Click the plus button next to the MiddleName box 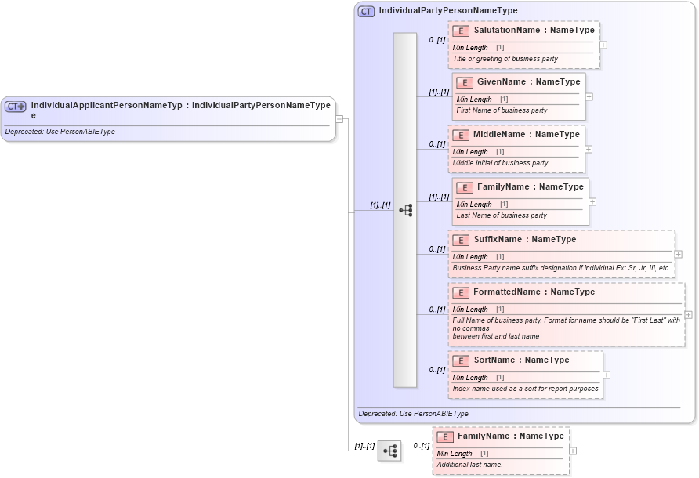(589, 149)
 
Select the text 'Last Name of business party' (502, 215)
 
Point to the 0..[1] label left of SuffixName (436, 249)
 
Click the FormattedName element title (534, 292)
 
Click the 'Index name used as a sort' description (525, 389)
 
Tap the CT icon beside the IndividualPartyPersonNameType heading (366, 11)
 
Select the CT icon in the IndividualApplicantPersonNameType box (16, 106)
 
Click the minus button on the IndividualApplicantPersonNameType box (339, 119)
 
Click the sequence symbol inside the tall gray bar (405, 210)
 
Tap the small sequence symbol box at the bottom (389, 451)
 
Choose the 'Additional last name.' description (469, 465)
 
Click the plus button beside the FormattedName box (688, 314)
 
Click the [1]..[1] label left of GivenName (439, 92)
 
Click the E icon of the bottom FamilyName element (445, 436)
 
